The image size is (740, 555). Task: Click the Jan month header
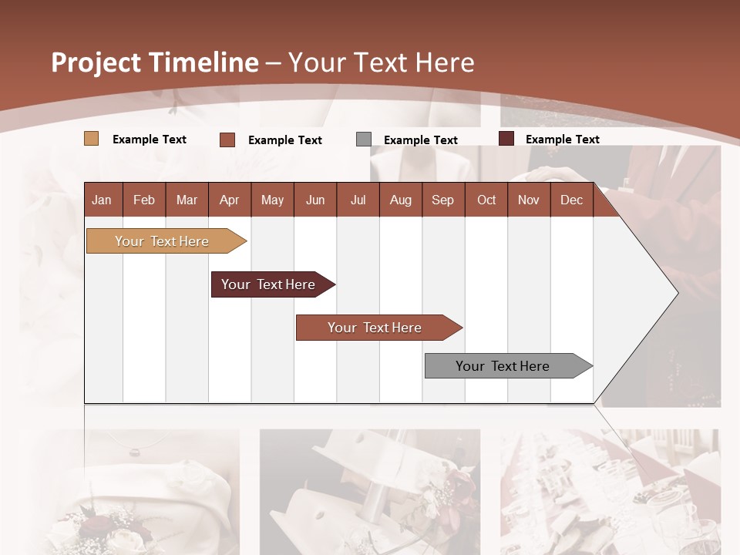click(102, 200)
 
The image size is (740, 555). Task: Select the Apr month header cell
click(229, 200)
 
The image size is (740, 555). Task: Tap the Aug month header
click(400, 200)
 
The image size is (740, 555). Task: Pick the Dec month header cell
click(571, 200)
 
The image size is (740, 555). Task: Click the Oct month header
click(486, 200)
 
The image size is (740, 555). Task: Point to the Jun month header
click(315, 200)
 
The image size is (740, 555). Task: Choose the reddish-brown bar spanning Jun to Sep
click(375, 328)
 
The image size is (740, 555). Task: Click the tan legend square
click(91, 139)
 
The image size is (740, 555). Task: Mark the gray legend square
click(364, 140)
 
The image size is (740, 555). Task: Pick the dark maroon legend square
click(506, 139)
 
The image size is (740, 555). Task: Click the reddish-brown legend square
click(227, 140)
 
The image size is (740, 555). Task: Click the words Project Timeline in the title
click(154, 62)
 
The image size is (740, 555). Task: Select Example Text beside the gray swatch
click(421, 140)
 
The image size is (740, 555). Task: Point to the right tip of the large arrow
click(677, 292)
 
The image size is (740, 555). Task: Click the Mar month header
click(187, 200)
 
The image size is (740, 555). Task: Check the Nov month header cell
click(529, 200)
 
